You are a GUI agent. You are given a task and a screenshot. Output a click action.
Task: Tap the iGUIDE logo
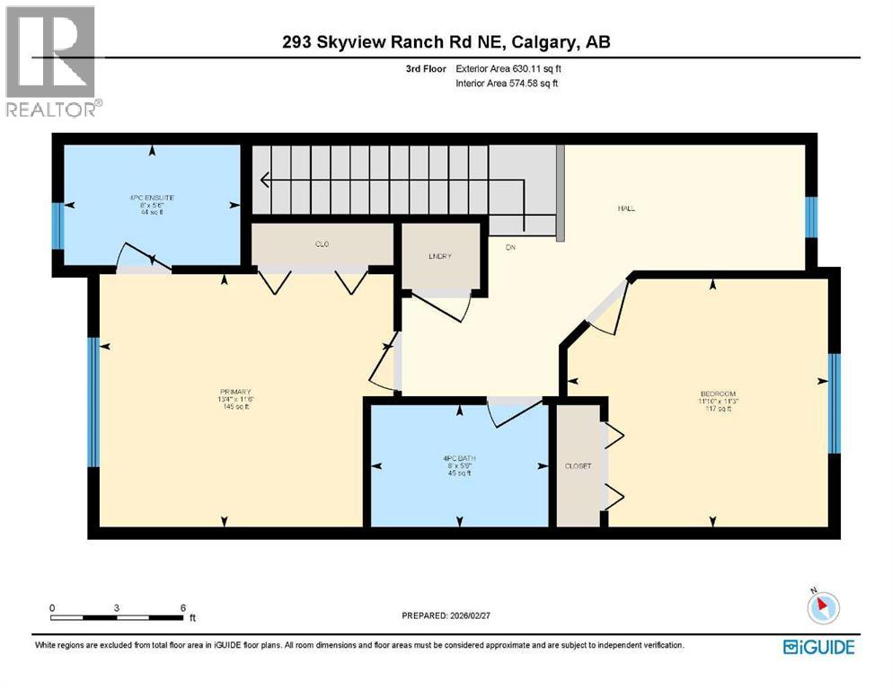818,647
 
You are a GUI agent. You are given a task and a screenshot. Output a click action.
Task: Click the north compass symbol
823,608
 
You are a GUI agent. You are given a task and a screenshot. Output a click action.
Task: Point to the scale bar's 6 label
182,607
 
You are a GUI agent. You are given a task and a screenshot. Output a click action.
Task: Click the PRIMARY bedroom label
234,392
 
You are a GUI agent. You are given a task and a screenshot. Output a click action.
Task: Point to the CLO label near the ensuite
321,243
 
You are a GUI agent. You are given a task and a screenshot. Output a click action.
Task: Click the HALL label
626,208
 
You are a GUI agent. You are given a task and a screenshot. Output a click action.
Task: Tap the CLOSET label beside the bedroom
577,466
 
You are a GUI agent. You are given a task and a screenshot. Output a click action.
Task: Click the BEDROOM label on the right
718,394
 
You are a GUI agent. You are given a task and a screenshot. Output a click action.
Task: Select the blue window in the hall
811,217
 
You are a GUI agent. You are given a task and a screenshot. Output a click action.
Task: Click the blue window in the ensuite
57,226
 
